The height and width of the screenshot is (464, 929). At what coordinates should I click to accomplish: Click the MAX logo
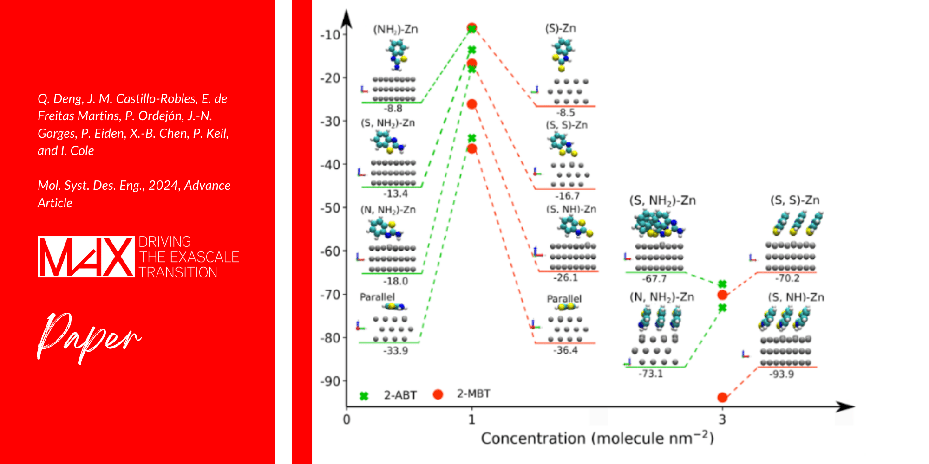click(x=86, y=257)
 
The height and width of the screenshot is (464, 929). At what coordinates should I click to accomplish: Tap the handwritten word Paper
click(x=88, y=336)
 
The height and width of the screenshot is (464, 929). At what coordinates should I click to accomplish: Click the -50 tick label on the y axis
click(x=330, y=208)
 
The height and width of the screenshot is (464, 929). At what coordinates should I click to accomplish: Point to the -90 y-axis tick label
click(x=330, y=381)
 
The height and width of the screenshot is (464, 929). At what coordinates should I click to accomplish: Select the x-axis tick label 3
click(x=722, y=419)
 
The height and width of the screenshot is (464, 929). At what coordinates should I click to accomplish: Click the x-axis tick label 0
click(x=347, y=419)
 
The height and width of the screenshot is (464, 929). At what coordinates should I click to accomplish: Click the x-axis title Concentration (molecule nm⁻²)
click(x=597, y=438)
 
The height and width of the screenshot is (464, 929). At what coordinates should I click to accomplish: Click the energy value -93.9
click(x=782, y=374)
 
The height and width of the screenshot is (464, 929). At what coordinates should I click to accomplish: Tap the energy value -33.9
click(x=395, y=351)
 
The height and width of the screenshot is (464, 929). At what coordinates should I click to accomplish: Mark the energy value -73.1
click(x=650, y=374)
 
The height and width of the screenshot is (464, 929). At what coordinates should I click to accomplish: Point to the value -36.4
click(x=565, y=350)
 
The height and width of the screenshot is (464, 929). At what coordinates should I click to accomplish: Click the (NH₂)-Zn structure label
click(x=395, y=30)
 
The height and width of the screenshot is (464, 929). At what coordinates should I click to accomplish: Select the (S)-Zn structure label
click(x=560, y=28)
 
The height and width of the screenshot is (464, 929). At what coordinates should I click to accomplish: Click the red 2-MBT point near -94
click(x=722, y=397)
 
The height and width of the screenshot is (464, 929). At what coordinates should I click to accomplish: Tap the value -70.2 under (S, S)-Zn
click(x=787, y=278)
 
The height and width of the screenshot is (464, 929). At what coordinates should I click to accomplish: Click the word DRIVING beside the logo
click(x=165, y=242)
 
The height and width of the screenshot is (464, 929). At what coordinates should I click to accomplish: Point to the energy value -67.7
click(x=654, y=279)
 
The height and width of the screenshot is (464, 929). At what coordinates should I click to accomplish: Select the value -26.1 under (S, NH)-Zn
click(x=565, y=278)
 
